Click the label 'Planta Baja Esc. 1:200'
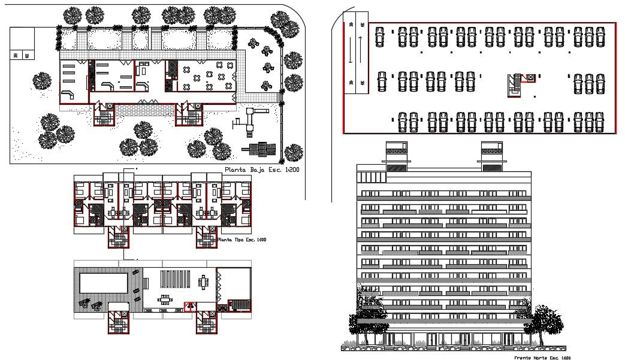(x=261, y=170)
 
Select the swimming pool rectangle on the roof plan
(x=104, y=282)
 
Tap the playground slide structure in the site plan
(x=252, y=117)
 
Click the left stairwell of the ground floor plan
(x=103, y=113)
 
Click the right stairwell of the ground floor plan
(x=188, y=113)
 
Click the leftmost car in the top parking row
(x=380, y=37)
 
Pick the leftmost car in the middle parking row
(x=381, y=82)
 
